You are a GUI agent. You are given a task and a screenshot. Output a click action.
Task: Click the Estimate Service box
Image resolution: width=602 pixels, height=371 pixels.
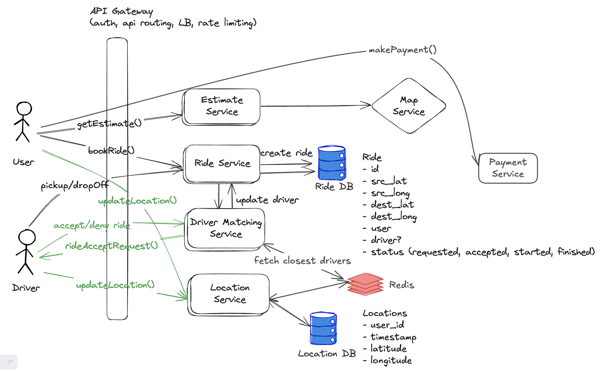pyautogui.click(x=221, y=106)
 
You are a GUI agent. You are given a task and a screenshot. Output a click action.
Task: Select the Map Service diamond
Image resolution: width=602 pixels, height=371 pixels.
pyautogui.click(x=409, y=106)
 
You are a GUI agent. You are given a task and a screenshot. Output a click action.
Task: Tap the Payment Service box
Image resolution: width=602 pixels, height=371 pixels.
pyautogui.click(x=508, y=168)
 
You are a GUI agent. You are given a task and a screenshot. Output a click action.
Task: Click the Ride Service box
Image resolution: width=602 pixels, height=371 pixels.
pyautogui.click(x=222, y=163)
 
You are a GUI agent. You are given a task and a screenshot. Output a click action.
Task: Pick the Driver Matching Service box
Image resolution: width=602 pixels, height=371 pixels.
pyautogui.click(x=226, y=228)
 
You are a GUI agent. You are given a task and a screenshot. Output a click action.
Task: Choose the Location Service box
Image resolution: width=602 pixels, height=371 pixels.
pyautogui.click(x=229, y=294)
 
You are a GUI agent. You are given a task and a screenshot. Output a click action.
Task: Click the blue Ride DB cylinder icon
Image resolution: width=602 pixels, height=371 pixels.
pyautogui.click(x=332, y=163)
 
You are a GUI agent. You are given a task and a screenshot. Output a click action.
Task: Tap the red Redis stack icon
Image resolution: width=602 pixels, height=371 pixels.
pyautogui.click(x=365, y=284)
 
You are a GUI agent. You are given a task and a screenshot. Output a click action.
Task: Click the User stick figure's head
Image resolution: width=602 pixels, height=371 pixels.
pyautogui.click(x=24, y=109)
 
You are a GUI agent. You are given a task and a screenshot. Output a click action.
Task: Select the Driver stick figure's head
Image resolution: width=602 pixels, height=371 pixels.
pyautogui.click(x=27, y=237)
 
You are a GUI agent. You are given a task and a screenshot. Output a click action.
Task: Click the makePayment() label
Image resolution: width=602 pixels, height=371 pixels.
pyautogui.click(x=402, y=50)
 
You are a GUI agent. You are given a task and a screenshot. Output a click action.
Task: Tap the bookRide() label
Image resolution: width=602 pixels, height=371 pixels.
pyautogui.click(x=111, y=151)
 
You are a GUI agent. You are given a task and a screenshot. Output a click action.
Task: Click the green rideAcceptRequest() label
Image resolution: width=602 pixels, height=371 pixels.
pyautogui.click(x=111, y=246)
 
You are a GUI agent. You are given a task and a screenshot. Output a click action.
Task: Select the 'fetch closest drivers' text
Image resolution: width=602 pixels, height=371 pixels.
pyautogui.click(x=302, y=260)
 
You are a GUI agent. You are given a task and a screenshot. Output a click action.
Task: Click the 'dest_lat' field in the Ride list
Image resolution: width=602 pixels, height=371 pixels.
pyautogui.click(x=392, y=205)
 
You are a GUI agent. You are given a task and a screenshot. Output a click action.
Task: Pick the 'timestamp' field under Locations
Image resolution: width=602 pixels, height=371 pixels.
pyautogui.click(x=393, y=337)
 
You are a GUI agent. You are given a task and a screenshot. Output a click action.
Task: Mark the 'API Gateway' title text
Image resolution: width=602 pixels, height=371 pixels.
pyautogui.click(x=122, y=11)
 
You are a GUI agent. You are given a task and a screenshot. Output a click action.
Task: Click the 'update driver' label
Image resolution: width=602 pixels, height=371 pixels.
pyautogui.click(x=267, y=200)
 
